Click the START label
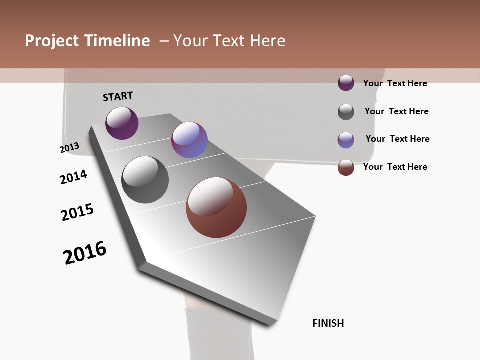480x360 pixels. point(118,96)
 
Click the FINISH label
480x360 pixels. point(328,323)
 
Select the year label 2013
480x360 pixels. point(70,148)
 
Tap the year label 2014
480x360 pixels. point(74,177)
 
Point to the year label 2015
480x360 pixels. point(77,212)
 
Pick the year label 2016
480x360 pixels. point(85,253)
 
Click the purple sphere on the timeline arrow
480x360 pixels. point(122,123)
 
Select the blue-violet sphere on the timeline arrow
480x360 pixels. point(189,140)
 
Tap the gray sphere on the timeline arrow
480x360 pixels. point(145,180)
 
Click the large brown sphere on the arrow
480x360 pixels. point(216,207)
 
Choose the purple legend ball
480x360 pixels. point(346,83)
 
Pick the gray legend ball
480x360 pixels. point(346,112)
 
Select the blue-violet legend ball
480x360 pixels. point(346,140)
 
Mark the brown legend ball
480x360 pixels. point(346,167)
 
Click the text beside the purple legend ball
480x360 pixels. point(395,83)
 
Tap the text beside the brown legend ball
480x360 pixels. point(395,167)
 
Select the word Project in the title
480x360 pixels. point(51,41)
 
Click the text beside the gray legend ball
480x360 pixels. point(396,111)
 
